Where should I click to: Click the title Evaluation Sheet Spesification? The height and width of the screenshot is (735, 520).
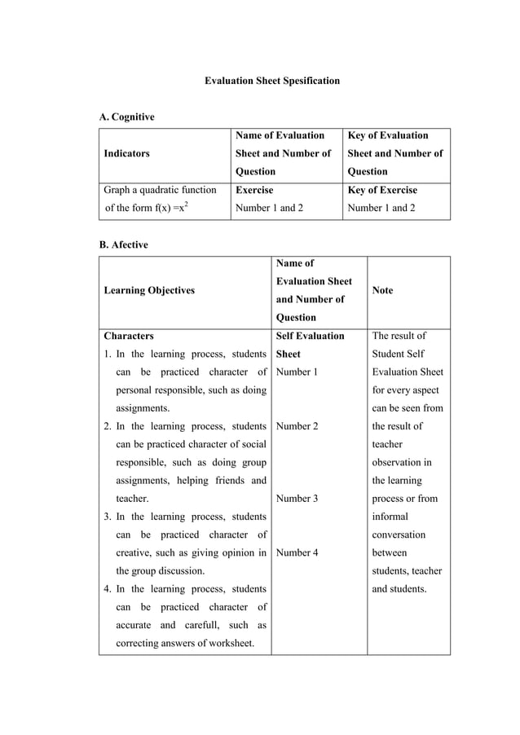click(271, 81)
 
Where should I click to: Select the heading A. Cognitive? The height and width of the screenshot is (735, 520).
click(126, 117)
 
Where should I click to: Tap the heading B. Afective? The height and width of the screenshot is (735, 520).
click(123, 244)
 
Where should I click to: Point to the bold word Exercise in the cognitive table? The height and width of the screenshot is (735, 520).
click(254, 190)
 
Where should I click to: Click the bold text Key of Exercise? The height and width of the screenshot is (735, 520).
click(382, 190)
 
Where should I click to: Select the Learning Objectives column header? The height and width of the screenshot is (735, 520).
click(149, 290)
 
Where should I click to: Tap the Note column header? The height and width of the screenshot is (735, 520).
click(382, 290)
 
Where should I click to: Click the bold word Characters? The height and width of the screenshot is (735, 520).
click(129, 336)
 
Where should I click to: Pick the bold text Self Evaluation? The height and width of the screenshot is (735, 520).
click(311, 336)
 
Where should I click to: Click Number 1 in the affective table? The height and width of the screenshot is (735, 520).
click(297, 372)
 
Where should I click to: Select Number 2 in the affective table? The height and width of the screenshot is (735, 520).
click(297, 426)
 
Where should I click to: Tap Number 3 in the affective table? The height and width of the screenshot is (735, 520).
click(297, 498)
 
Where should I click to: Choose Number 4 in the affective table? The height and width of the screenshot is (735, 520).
click(297, 552)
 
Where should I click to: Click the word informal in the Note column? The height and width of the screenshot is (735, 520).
click(392, 517)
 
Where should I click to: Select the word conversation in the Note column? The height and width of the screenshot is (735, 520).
click(399, 535)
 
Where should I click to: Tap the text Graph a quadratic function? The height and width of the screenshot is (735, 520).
click(160, 190)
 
